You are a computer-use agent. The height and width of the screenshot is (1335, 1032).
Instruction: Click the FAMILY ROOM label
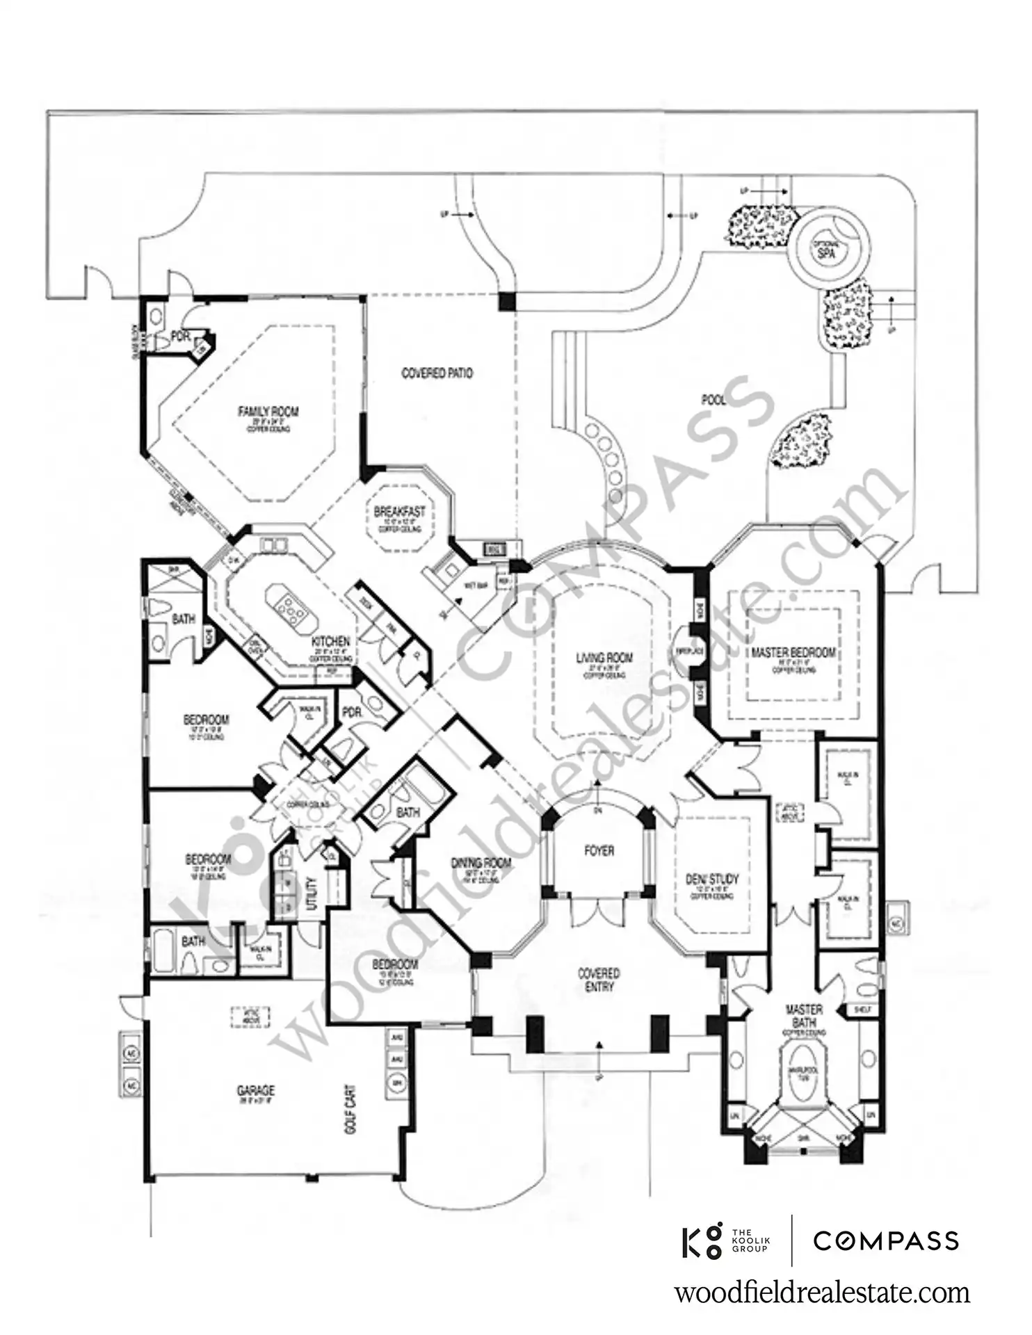(x=268, y=412)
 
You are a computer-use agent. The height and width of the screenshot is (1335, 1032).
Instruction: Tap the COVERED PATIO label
(x=437, y=373)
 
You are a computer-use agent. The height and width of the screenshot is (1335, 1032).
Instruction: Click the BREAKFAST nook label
(x=399, y=512)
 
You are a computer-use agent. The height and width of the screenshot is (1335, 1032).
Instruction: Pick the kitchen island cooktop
(x=289, y=607)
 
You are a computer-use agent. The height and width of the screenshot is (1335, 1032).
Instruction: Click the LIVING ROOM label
(x=604, y=657)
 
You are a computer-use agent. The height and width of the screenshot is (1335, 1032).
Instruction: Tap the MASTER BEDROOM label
(x=793, y=653)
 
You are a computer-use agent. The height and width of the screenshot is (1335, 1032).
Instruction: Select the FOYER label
(x=599, y=850)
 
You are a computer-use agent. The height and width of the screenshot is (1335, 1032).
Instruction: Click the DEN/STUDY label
(x=711, y=880)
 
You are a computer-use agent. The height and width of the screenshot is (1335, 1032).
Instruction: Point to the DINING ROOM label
(x=481, y=863)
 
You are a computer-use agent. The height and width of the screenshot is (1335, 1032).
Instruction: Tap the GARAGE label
(x=256, y=1090)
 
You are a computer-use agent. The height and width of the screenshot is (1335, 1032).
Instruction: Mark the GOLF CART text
(x=350, y=1109)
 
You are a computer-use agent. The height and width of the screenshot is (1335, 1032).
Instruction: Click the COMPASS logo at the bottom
(x=886, y=1240)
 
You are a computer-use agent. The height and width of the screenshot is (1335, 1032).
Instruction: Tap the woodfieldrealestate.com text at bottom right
(x=822, y=1293)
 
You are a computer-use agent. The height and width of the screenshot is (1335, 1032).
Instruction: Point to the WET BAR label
(x=480, y=585)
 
